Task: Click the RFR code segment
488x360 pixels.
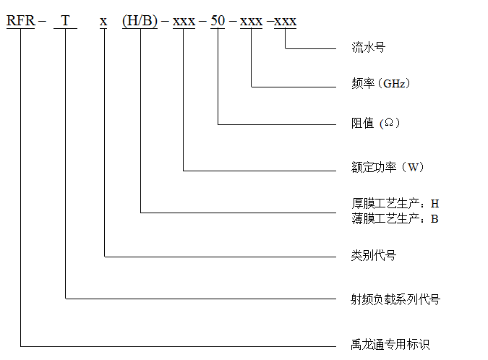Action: (20, 20)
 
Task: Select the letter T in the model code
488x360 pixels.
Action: (65, 20)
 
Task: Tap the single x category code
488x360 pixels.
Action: (103, 22)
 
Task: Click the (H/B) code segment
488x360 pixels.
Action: (140, 21)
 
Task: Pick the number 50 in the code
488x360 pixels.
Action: (218, 20)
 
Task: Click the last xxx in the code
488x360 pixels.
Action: (285, 22)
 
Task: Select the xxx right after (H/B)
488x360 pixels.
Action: (184, 22)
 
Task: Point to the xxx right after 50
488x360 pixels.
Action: (251, 22)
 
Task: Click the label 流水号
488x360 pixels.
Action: (369, 47)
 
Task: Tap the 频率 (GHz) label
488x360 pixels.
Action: (380, 83)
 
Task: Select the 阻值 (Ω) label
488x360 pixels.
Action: (375, 123)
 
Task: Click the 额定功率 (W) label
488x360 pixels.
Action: (388, 167)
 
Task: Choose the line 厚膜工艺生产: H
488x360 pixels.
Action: (395, 203)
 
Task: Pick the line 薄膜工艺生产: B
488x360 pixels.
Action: (395, 219)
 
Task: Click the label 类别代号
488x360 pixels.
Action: (374, 255)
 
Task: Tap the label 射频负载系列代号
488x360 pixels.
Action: (395, 299)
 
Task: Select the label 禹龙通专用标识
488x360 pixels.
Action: (390, 344)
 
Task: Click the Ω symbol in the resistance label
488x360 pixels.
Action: (389, 123)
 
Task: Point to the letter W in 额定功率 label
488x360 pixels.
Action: (414, 168)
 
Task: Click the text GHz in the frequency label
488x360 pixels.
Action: (394, 84)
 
